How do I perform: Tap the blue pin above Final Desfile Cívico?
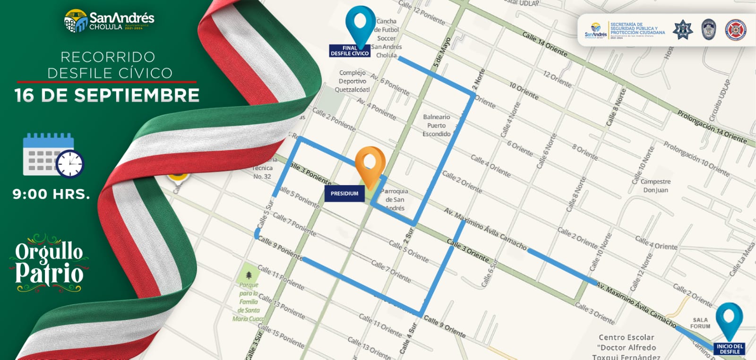point(361,24)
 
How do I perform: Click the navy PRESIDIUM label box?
point(344,194)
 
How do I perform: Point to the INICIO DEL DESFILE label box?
point(730,349)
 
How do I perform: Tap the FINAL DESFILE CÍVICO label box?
point(350,51)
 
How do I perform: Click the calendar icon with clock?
point(53,156)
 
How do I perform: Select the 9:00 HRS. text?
point(51,194)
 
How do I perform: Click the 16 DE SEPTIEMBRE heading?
point(107,95)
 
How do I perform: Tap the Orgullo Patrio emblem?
point(49,263)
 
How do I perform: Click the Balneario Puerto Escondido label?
point(436,126)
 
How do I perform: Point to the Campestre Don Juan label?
point(655,186)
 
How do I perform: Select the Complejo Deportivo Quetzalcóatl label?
point(352,81)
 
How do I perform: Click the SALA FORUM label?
point(700,323)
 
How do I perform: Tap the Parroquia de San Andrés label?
point(395,199)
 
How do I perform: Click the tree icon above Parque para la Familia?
point(249,274)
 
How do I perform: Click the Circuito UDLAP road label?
point(719,100)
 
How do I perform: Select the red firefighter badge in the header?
point(735,30)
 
